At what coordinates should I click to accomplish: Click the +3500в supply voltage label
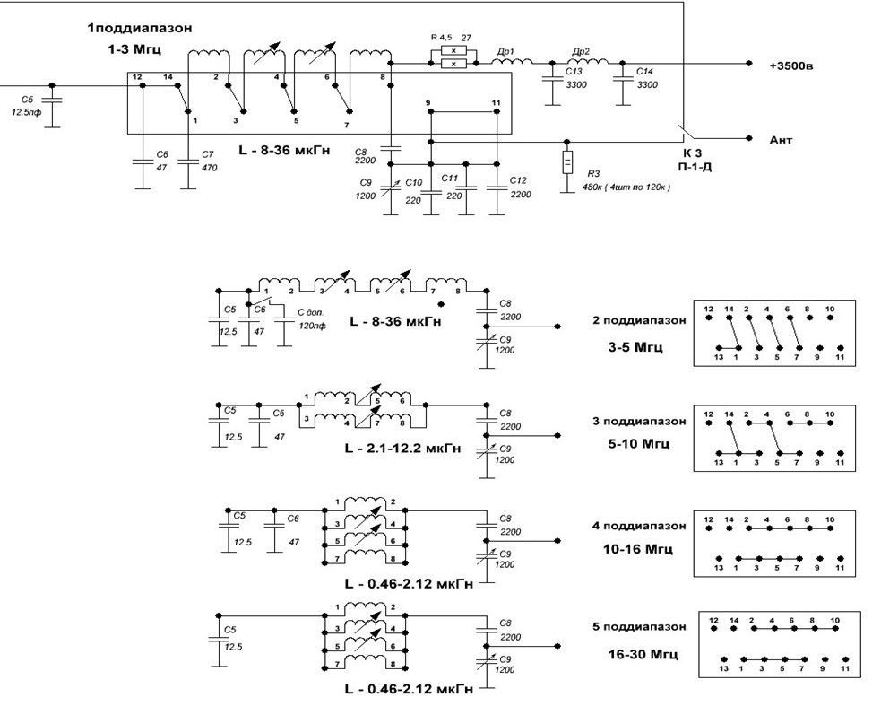pos(792,65)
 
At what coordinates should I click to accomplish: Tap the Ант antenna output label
pos(781,140)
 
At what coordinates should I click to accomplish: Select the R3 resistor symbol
pos(567,162)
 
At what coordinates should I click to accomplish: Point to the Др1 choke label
pos(505,53)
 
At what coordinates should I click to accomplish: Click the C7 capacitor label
pos(208,154)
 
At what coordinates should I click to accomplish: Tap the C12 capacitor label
pos(519,180)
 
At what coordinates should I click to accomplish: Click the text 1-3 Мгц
pos(134,53)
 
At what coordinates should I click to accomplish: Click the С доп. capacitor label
pos(311,313)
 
